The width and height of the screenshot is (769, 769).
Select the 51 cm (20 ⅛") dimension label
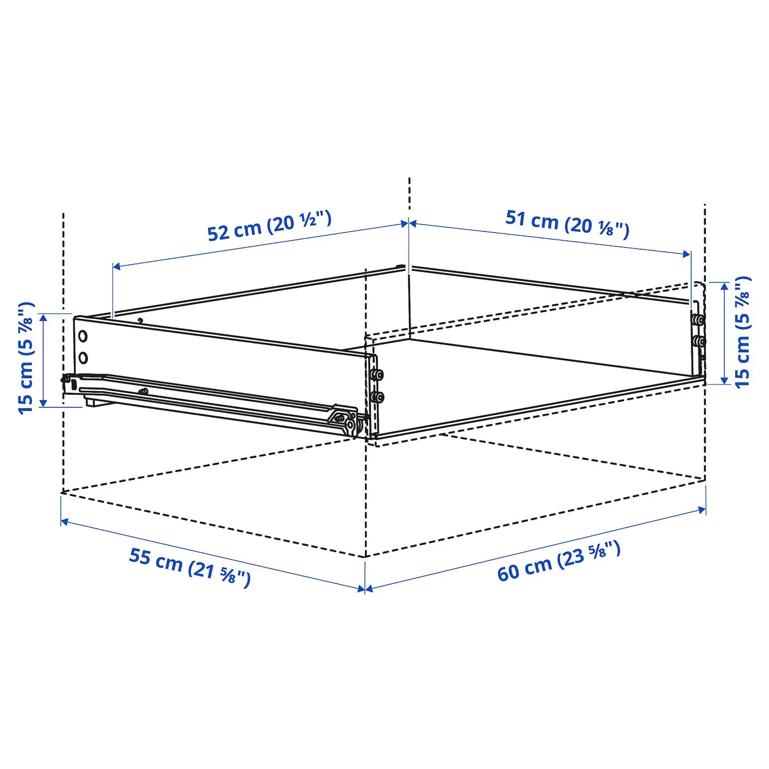(567, 224)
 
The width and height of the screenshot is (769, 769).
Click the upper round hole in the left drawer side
(82, 336)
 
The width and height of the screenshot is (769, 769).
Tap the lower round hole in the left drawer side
(83, 358)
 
